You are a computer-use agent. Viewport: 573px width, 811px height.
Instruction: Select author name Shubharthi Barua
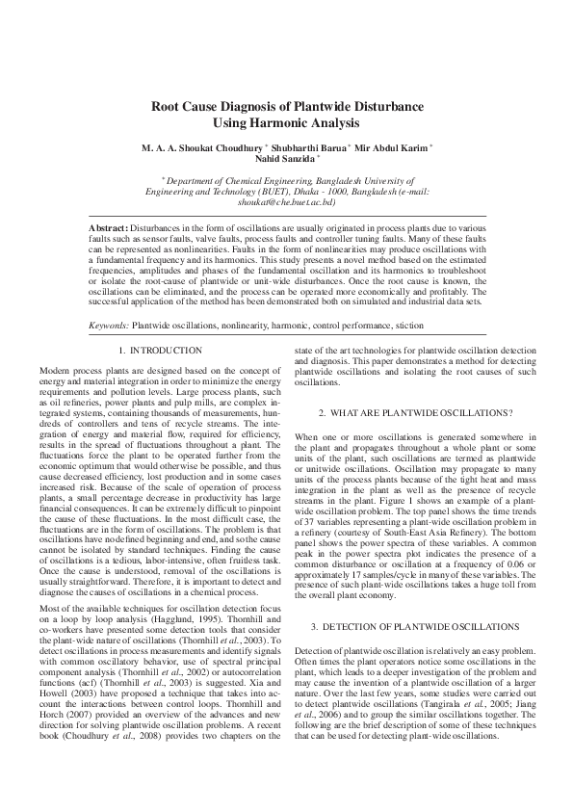[x=306, y=147]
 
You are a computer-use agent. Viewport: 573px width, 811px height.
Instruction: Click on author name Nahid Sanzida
[x=283, y=159]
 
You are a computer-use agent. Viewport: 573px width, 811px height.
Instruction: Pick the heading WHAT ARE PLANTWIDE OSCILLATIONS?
[x=415, y=412]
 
